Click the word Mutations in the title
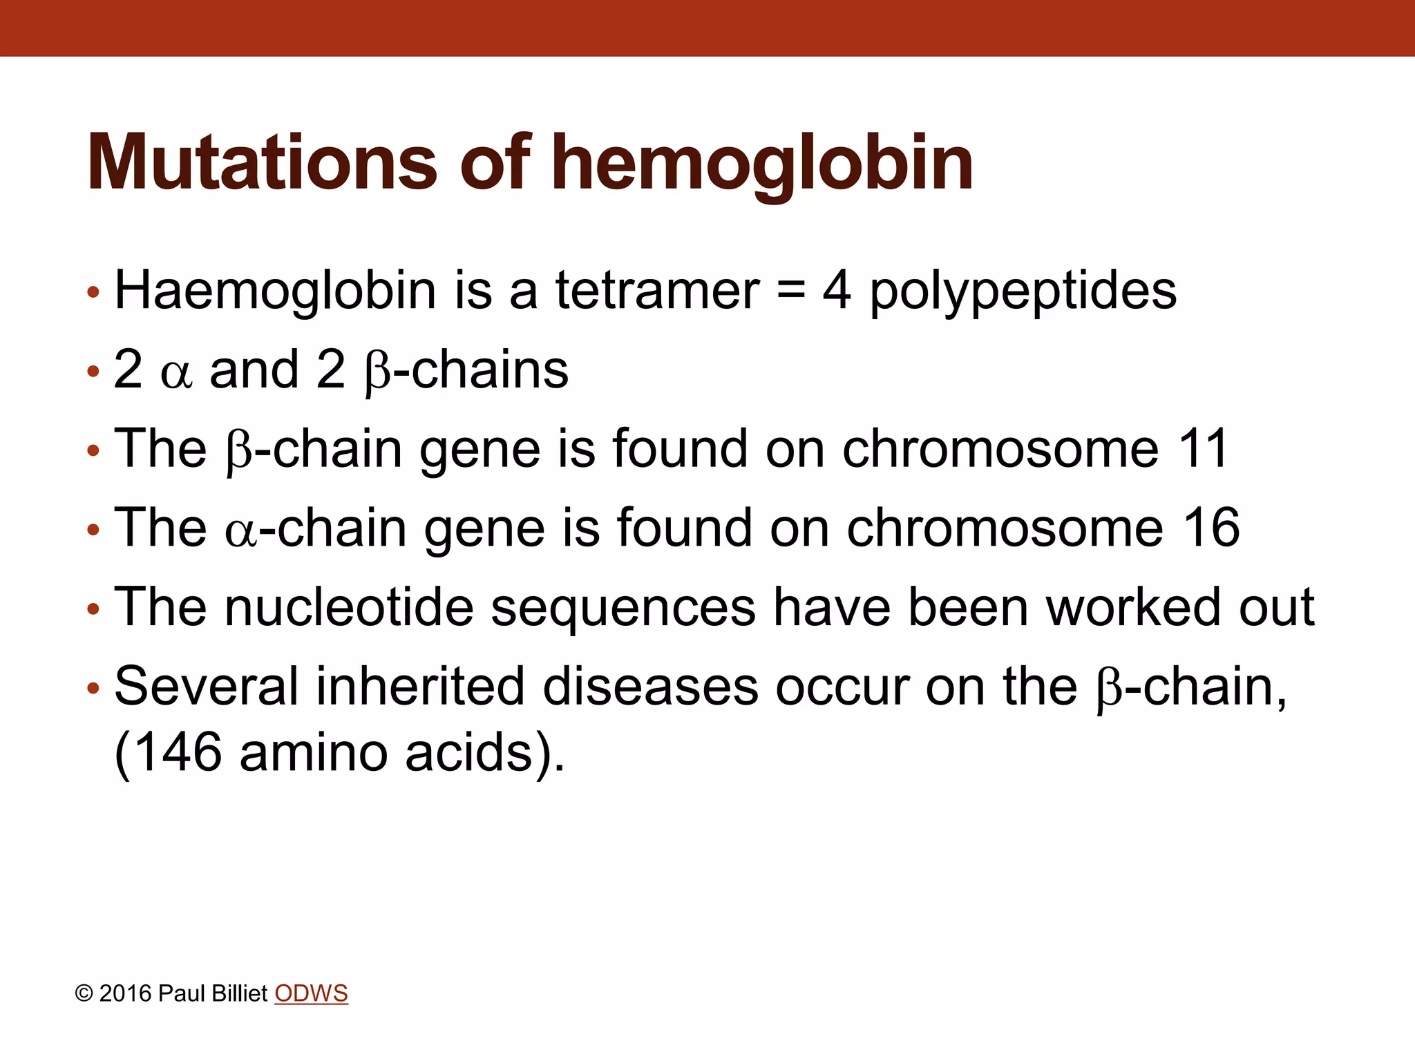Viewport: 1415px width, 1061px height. [x=261, y=163]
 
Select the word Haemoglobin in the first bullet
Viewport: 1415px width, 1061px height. [x=275, y=290]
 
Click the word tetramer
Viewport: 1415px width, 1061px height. [x=657, y=290]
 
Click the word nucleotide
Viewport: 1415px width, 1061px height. [x=349, y=607]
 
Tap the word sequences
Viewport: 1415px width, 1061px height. [x=623, y=607]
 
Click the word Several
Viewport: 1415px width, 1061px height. [x=206, y=687]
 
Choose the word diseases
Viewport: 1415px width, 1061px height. [x=650, y=687]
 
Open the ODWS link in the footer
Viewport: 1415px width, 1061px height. [x=311, y=993]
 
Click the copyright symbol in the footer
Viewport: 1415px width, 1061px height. [x=84, y=994]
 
